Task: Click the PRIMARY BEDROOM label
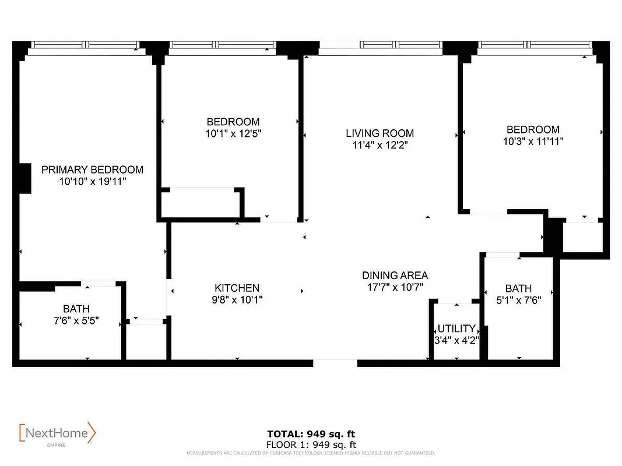click(x=92, y=170)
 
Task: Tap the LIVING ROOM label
click(x=379, y=133)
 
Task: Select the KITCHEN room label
click(x=237, y=288)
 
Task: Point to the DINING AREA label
click(x=395, y=275)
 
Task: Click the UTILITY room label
click(x=456, y=329)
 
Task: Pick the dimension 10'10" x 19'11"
click(x=92, y=182)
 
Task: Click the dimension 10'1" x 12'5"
click(x=233, y=133)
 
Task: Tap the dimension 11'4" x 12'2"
click(x=379, y=146)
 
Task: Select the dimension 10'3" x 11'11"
click(x=532, y=141)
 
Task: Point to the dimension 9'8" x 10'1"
click(x=237, y=300)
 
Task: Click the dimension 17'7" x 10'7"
click(x=395, y=287)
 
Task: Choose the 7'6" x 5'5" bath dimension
click(x=76, y=320)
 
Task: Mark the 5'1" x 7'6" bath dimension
click(x=518, y=301)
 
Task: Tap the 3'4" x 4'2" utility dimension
click(x=456, y=340)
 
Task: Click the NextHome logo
click(x=57, y=433)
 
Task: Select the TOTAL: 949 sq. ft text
click(x=311, y=433)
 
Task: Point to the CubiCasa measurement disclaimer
click(x=311, y=453)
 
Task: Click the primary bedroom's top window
click(x=85, y=45)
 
